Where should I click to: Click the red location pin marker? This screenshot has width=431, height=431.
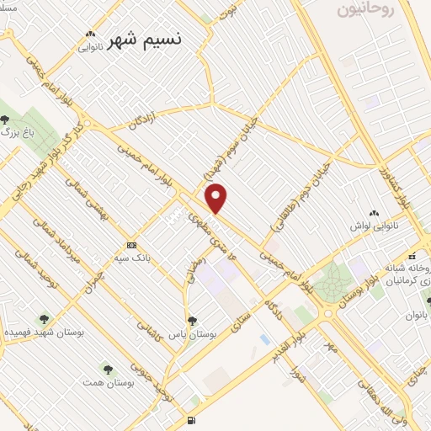tap(217, 199)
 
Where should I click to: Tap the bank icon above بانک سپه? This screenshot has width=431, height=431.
tap(130, 244)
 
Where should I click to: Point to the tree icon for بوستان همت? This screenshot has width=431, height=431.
tap(107, 369)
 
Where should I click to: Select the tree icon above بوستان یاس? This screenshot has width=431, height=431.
tap(193, 320)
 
